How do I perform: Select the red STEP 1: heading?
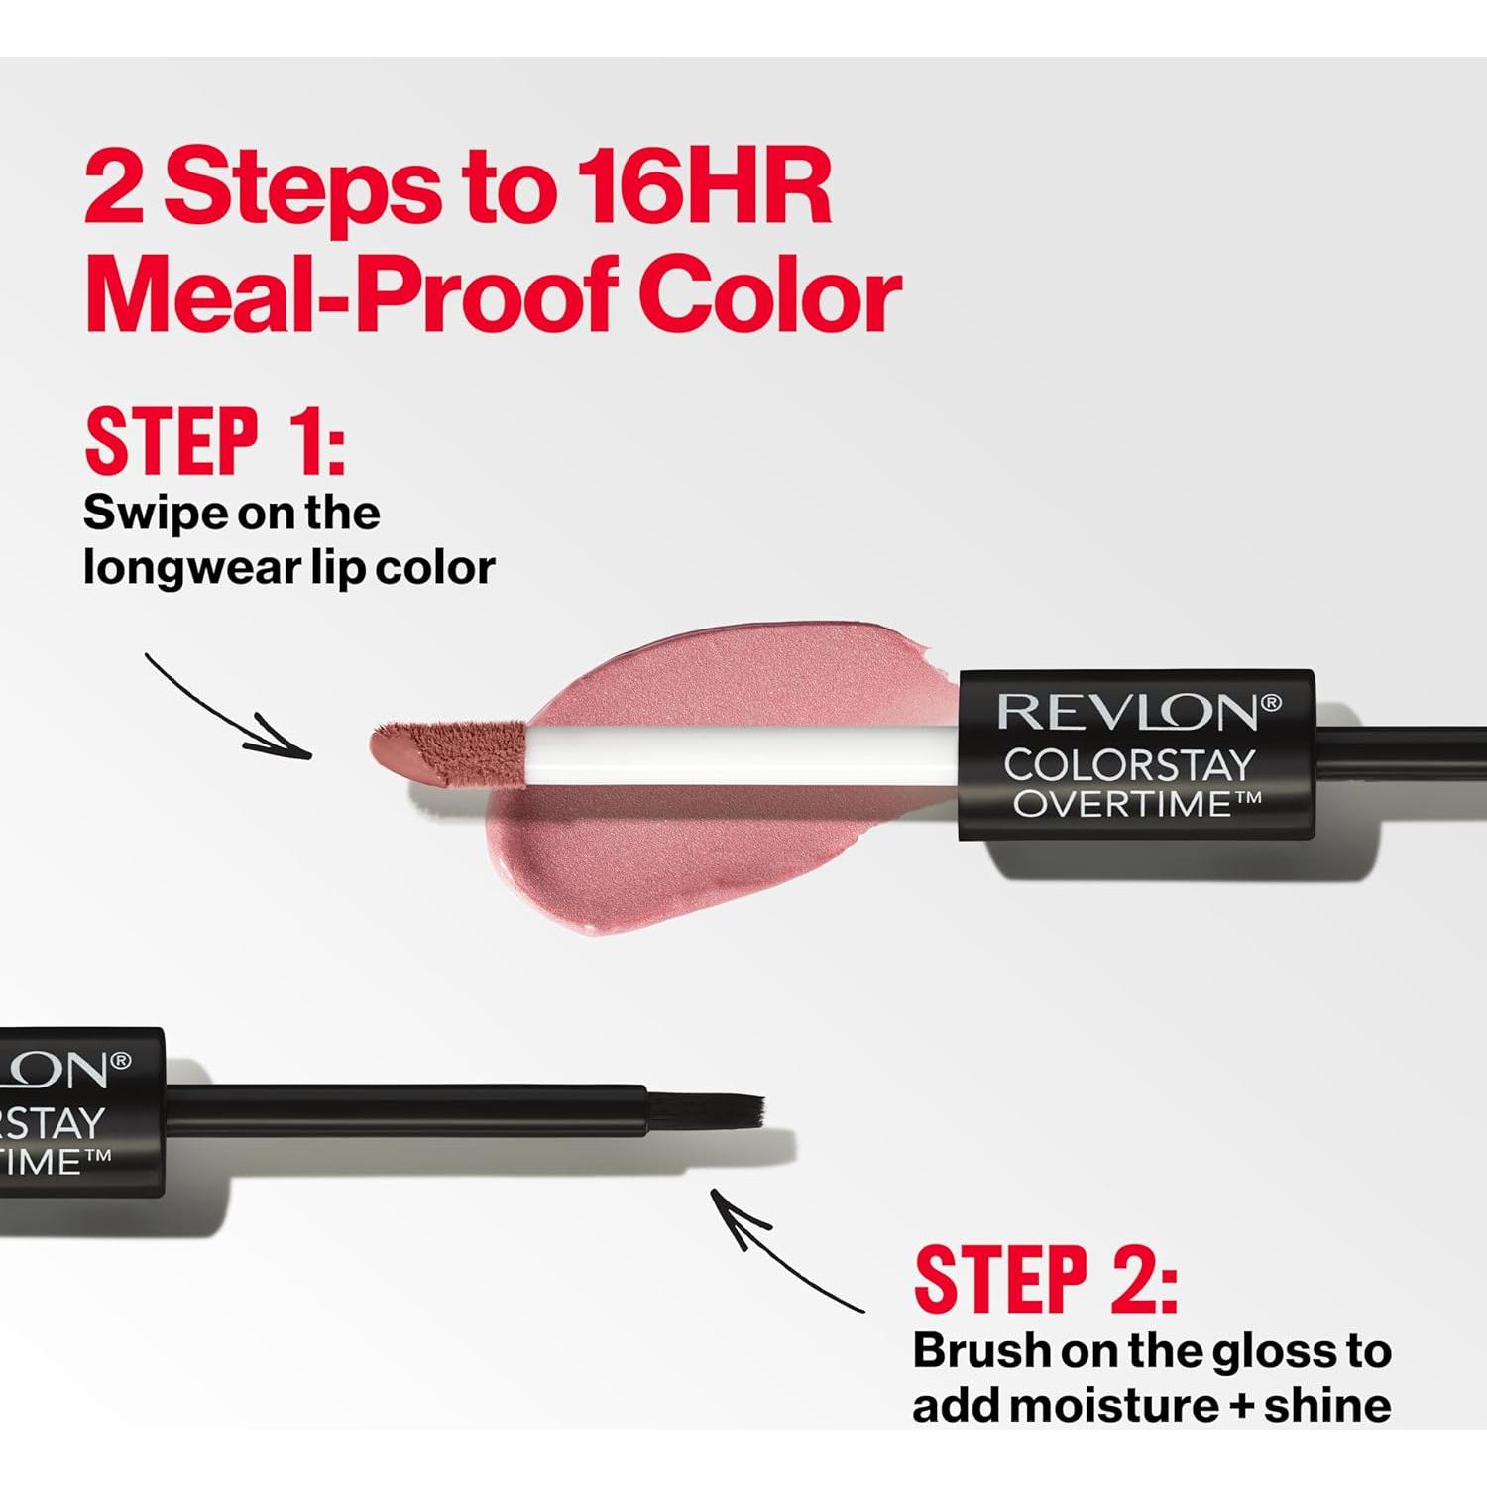click(215, 441)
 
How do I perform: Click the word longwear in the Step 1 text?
click(189, 568)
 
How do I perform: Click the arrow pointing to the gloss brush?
click(783, 1251)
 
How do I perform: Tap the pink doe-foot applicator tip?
click(446, 751)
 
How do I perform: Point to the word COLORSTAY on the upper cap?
click(1130, 765)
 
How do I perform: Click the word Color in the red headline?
click(770, 295)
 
